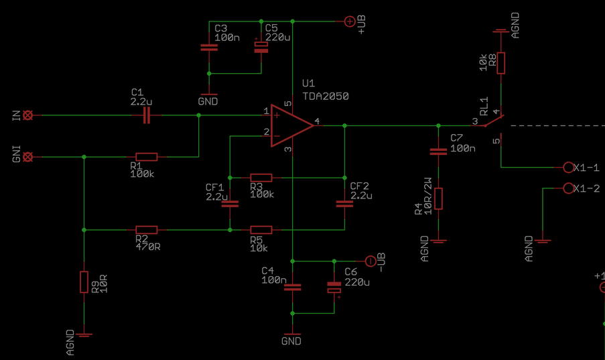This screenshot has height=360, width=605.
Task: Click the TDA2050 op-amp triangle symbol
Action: coord(289,125)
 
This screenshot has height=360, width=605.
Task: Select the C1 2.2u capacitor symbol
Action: coord(147,116)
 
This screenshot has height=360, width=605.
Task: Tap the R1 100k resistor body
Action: coord(146,157)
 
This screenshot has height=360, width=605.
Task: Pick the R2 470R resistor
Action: coord(146,230)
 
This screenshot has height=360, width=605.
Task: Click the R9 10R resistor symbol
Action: coord(84,282)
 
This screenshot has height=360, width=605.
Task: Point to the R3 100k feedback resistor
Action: coord(261,178)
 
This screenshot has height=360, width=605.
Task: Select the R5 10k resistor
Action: coord(261,230)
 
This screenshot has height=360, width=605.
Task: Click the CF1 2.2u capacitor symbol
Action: coord(230,204)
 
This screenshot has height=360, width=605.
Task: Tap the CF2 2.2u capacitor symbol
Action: coord(344,204)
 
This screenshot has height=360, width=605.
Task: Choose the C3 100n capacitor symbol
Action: coord(209,48)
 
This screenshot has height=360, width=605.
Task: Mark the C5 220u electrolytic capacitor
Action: coord(261,47)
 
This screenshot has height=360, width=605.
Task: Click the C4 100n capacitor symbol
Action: coord(292,287)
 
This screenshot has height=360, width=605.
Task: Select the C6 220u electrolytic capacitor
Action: coord(334,288)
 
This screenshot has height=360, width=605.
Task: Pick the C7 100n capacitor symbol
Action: coord(438,152)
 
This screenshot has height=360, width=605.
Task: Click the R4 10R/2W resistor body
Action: coord(438,198)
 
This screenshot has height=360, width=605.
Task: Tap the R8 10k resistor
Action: coord(500,63)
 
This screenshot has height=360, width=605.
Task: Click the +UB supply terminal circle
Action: coord(349,21)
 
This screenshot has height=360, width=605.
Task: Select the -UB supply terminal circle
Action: coord(370,261)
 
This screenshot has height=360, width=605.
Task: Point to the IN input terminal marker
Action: coord(27,115)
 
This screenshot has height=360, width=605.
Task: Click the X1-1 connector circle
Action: coord(568,168)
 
